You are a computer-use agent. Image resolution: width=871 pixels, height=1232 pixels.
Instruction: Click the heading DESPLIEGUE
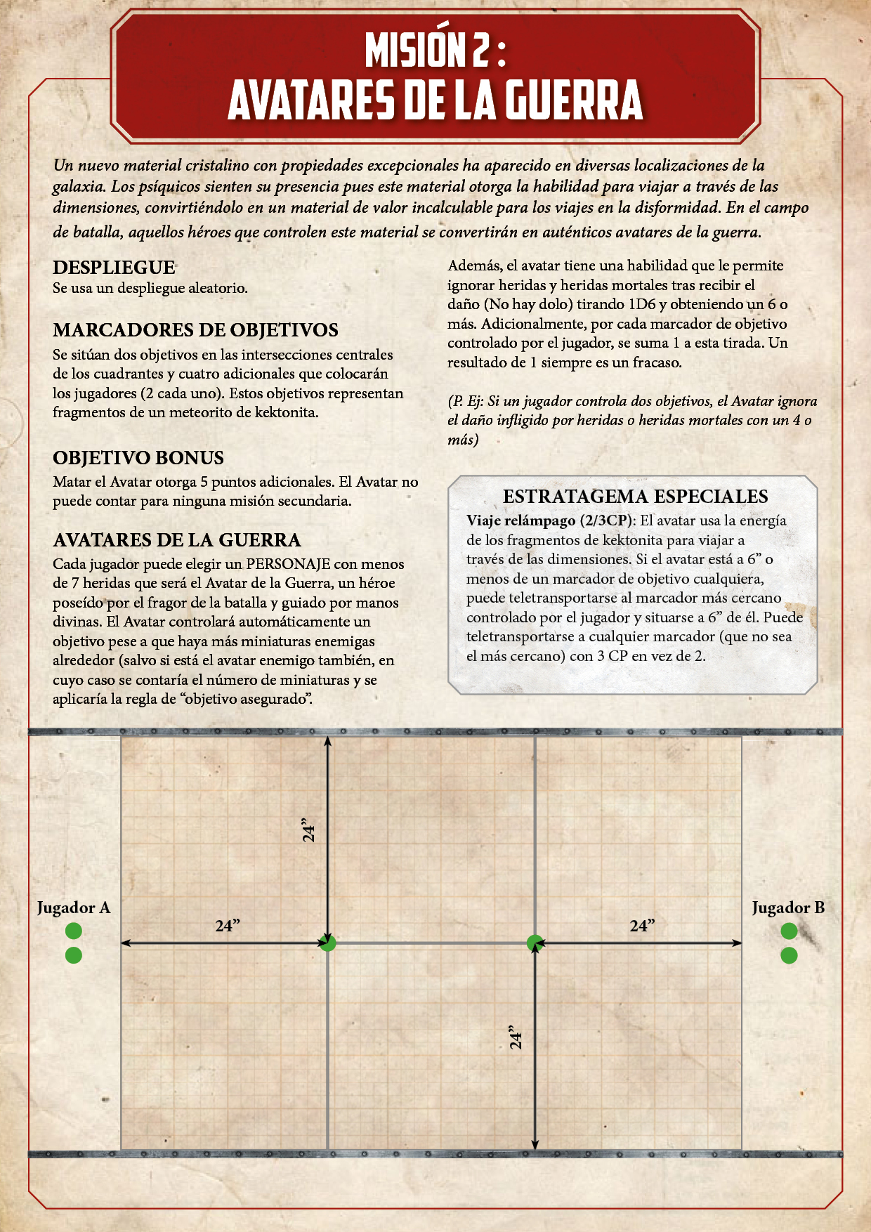pos(114,268)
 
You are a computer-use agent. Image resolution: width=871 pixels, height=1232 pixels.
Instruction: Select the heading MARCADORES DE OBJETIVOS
pos(195,330)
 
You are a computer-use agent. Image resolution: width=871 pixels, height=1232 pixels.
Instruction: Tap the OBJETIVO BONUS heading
pos(138,458)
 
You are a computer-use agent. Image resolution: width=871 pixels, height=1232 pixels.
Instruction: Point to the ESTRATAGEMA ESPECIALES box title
pos(635,497)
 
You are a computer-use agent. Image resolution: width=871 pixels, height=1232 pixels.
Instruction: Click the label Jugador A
pos(74,907)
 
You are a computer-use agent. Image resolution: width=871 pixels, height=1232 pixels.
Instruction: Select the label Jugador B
pos(788,907)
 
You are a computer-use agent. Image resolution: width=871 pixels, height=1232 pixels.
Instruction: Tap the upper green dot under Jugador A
pos(74,931)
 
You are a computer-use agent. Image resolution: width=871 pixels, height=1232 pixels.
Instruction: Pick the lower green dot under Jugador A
pos(74,955)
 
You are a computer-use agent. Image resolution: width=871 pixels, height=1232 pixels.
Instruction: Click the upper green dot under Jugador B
pos(789,931)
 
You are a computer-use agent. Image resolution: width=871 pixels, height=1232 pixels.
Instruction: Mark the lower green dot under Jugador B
pos(789,955)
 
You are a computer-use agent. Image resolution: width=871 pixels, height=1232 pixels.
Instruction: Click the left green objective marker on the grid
pos(328,943)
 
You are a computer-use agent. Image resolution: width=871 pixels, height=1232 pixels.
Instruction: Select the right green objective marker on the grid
pos(535,943)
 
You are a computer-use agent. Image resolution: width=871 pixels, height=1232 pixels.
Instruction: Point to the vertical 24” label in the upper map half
pos(308,830)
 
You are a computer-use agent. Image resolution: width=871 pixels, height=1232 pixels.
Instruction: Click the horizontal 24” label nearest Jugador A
pos(228,926)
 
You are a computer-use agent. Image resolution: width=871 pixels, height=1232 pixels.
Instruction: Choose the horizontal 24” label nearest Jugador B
pos(642,926)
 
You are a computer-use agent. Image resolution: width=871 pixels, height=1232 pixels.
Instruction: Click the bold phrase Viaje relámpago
pos(521,521)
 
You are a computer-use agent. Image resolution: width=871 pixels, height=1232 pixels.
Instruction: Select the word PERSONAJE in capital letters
pos(288,564)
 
